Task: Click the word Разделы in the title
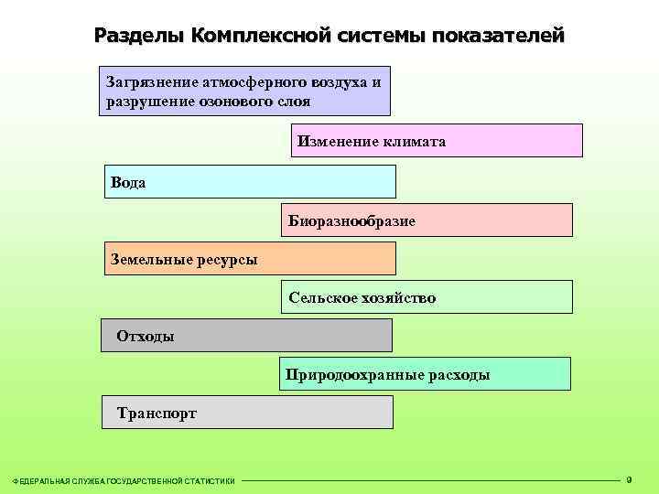(x=138, y=36)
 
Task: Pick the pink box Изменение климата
(x=437, y=141)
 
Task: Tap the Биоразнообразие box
(x=427, y=220)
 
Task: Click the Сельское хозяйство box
(x=427, y=297)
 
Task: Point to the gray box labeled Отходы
(x=246, y=336)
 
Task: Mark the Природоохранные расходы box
(x=425, y=374)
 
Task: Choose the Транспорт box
(x=246, y=413)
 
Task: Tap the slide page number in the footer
(x=629, y=478)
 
